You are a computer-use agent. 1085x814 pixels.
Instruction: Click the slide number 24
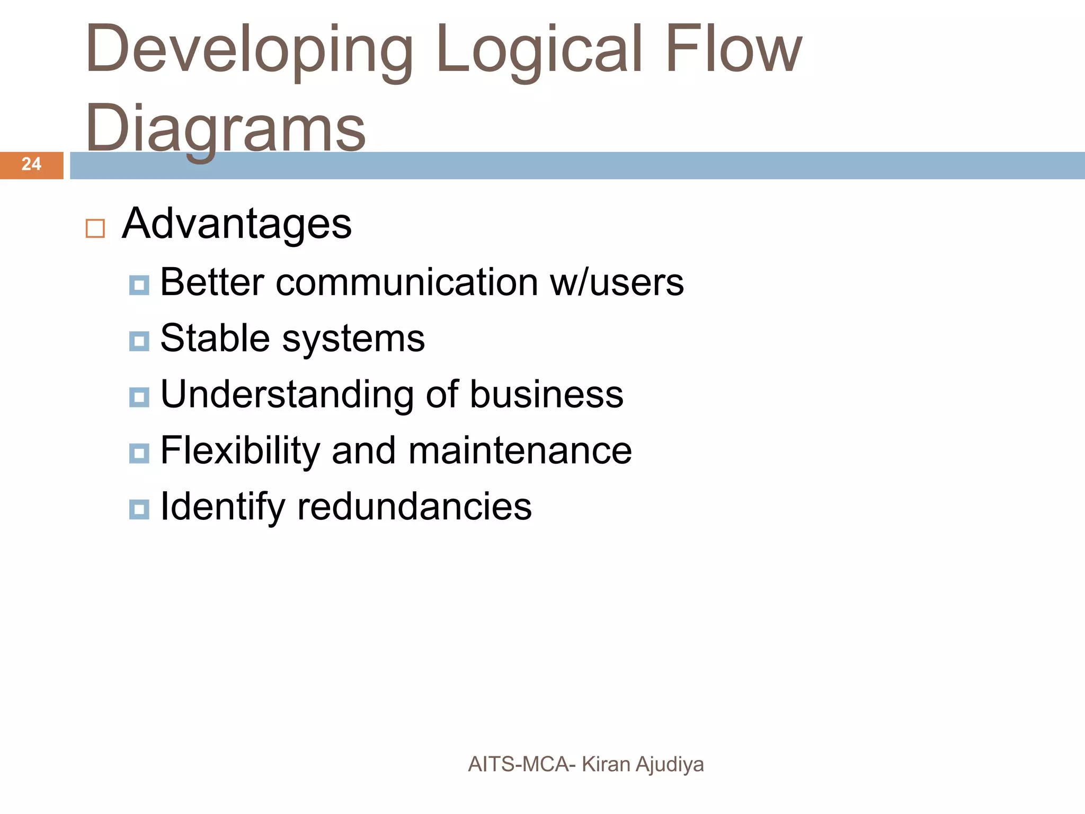click(31, 164)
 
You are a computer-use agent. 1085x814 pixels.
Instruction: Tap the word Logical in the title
click(539, 49)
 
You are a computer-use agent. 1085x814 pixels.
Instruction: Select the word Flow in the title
click(733, 49)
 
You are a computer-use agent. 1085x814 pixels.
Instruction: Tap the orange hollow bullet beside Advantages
click(95, 229)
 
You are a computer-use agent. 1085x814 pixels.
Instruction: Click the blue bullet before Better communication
click(139, 286)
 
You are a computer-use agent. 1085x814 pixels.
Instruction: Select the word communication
click(407, 282)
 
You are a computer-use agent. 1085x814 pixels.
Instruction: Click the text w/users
click(617, 282)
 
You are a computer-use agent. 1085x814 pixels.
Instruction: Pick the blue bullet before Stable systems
click(139, 341)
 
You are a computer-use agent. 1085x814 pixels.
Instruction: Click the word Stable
click(215, 338)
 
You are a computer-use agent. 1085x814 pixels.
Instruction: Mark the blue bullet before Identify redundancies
click(139, 510)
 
